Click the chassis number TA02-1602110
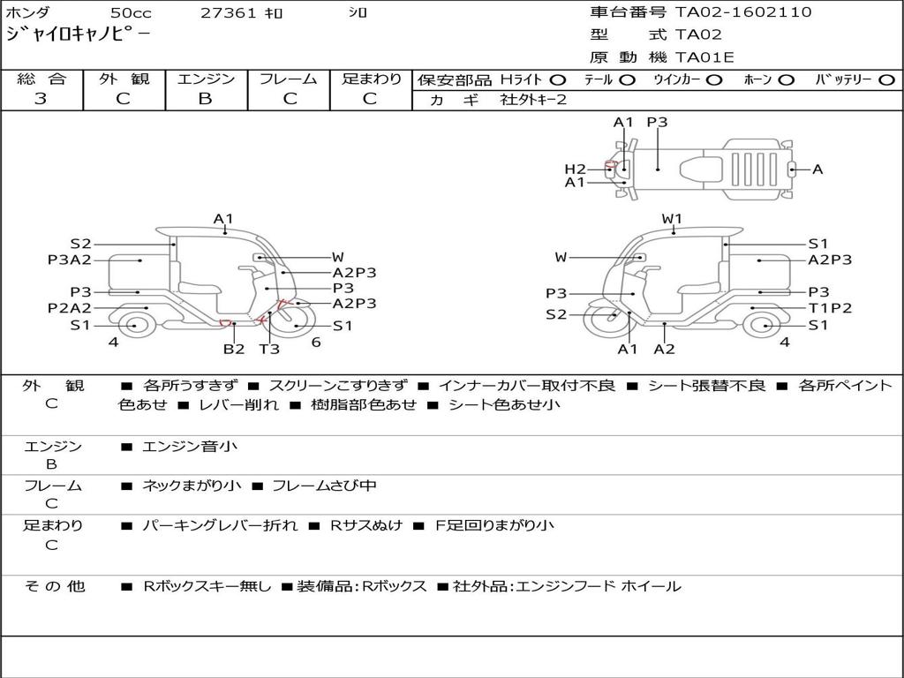[x=743, y=12]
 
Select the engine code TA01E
[x=704, y=57]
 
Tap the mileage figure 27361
[x=228, y=12]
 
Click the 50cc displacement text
[x=131, y=12]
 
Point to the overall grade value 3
[x=41, y=99]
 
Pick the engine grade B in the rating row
[x=205, y=99]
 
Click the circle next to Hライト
[x=558, y=80]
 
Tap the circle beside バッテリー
[x=887, y=80]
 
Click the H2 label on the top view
[x=575, y=169]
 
